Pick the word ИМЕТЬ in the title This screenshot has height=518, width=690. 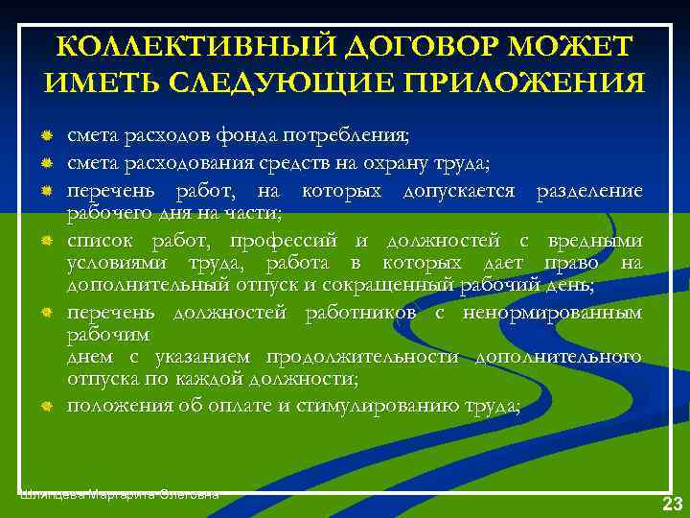pos(99,82)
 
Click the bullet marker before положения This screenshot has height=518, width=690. pos(45,407)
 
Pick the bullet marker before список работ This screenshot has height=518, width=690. pos(45,240)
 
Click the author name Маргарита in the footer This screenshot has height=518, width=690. pos(122,494)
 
